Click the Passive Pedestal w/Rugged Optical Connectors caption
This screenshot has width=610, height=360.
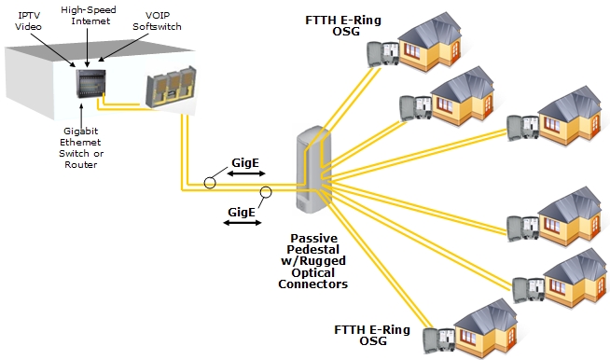(x=312, y=257)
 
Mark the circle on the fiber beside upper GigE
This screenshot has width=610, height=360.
(x=212, y=182)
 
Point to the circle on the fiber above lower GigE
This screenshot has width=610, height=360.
(x=266, y=194)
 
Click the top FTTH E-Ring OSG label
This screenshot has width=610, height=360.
(x=341, y=27)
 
